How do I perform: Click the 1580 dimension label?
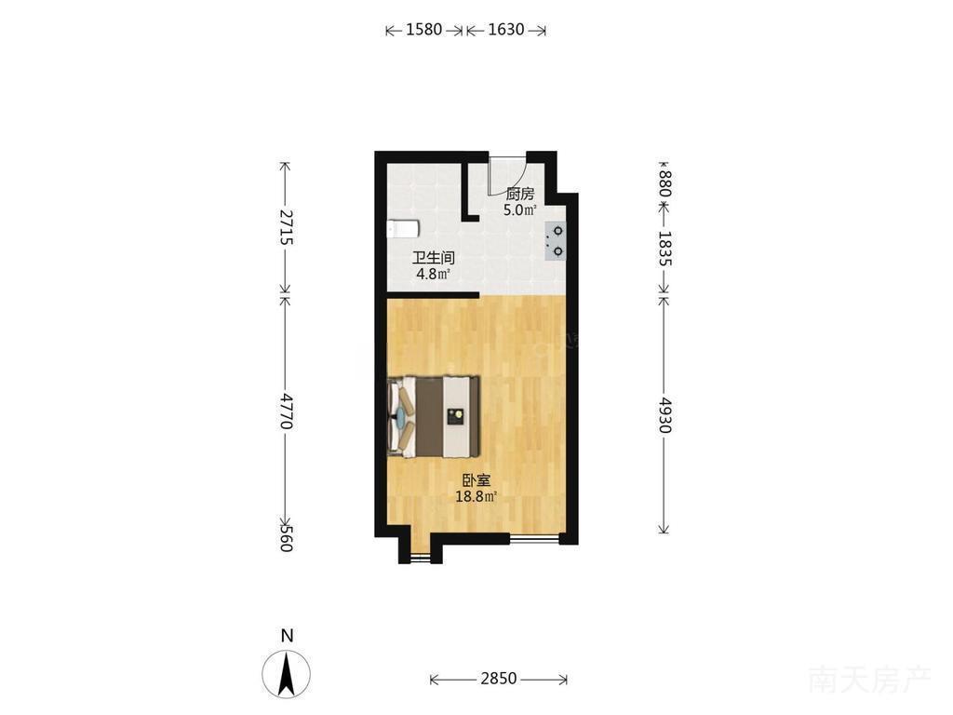423,29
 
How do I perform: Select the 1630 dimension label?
505,29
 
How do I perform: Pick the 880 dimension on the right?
664,183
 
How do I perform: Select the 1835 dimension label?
664,248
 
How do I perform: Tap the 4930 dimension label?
664,414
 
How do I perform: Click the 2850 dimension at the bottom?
499,679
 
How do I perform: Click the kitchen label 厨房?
520,195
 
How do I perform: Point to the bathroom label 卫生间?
434,258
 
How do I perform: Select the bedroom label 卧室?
476,481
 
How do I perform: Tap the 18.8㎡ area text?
476,497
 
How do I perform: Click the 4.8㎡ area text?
433,275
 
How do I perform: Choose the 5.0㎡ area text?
520,211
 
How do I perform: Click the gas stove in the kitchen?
556,241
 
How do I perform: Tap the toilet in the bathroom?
402,229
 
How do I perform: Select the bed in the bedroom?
434,416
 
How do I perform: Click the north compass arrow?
287,674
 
